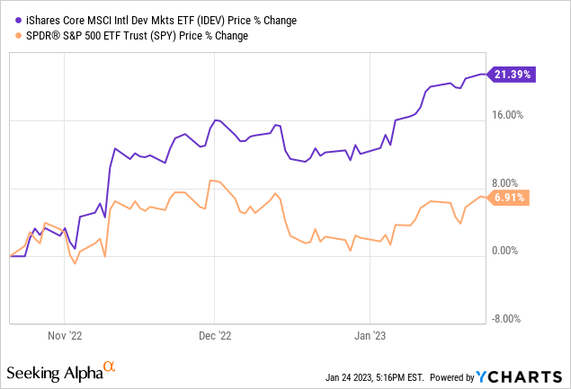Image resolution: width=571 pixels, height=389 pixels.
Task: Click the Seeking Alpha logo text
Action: (54, 371)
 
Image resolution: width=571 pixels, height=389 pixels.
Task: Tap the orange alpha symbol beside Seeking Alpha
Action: (110, 367)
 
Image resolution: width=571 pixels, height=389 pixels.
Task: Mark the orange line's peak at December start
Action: (210, 181)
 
